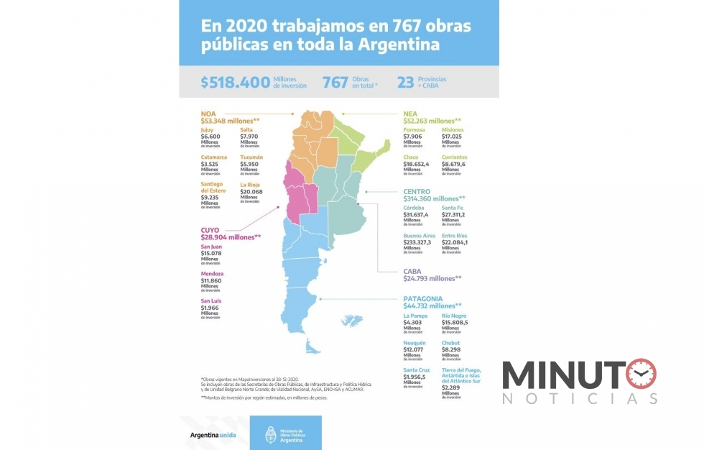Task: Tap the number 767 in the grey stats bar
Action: (335, 83)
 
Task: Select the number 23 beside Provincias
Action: (405, 83)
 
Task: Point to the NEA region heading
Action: (410, 114)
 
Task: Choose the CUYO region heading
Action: (211, 229)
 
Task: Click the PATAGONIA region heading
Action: (423, 298)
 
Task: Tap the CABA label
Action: (412, 271)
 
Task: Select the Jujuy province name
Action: (207, 129)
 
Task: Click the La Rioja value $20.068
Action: (251, 192)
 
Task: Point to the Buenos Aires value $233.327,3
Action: (417, 242)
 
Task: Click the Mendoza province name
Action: (212, 274)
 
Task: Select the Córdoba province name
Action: (414, 207)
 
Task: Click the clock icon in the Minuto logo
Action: (641, 374)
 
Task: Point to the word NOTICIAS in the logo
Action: (580, 398)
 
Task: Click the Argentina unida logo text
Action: (213, 435)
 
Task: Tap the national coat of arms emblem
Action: (271, 435)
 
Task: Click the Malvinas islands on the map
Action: (352, 320)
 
